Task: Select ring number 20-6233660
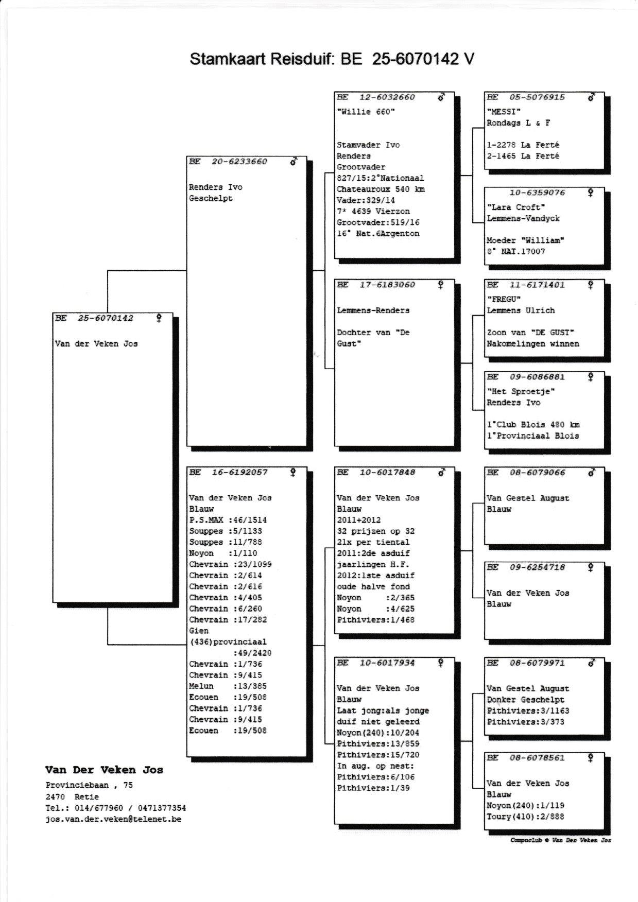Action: (x=239, y=162)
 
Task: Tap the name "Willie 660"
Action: (x=366, y=112)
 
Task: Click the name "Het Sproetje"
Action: (x=521, y=391)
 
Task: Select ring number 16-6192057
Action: (x=239, y=472)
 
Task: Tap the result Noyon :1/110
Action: (x=223, y=553)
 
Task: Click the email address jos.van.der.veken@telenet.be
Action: (x=113, y=819)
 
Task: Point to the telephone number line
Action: (x=116, y=808)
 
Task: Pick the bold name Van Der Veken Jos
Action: (x=104, y=770)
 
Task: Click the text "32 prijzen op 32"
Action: (x=375, y=531)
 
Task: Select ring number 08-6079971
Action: (x=537, y=663)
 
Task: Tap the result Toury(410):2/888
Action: (x=525, y=817)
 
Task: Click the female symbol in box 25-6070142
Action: (x=159, y=318)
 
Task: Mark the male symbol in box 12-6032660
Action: (x=441, y=97)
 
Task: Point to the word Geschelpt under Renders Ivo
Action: (x=211, y=199)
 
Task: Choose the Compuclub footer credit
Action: (x=560, y=840)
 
